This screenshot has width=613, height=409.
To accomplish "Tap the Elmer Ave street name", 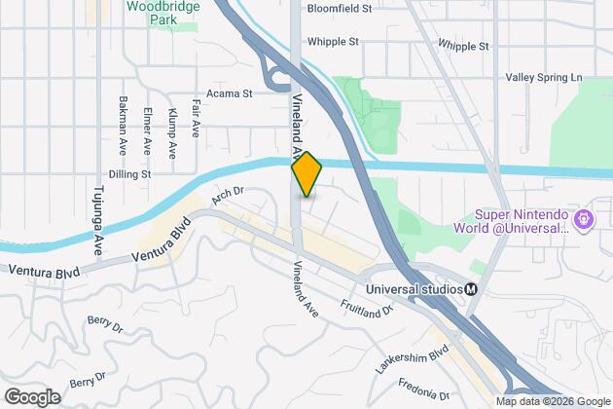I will click(x=147, y=131).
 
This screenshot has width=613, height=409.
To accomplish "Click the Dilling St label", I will click(x=130, y=174).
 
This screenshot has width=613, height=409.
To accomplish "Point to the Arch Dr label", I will click(x=226, y=196).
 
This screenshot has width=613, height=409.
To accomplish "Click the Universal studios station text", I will click(x=413, y=288).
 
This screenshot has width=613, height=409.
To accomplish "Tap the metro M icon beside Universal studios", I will click(x=471, y=288).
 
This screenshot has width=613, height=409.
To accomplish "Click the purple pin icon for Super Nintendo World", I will click(x=584, y=220).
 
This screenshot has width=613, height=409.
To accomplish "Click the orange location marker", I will click(x=306, y=174).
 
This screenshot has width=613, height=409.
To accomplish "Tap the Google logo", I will click(x=31, y=397).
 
